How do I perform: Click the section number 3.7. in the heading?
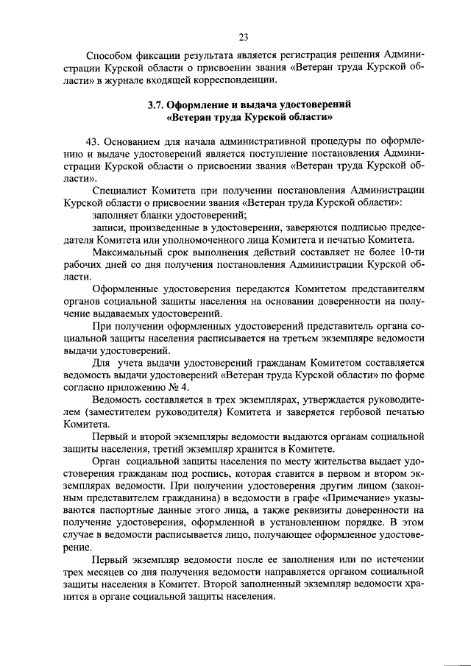(x=157, y=104)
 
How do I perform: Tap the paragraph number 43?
(x=93, y=141)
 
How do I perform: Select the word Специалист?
(x=119, y=191)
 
